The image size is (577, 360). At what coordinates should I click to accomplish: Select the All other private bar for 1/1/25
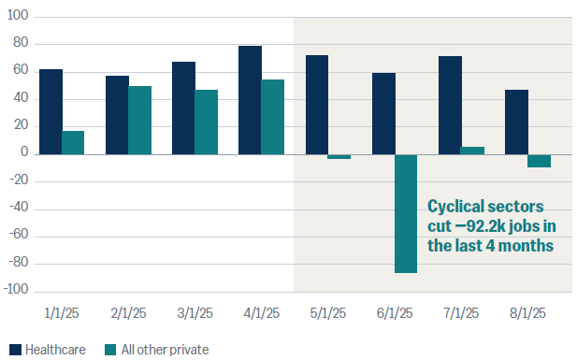point(73,142)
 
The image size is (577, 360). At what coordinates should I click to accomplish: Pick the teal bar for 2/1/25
point(139,120)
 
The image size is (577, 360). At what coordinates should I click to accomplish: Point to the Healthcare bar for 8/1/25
point(515,122)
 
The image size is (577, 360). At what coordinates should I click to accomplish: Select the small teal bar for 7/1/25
point(472,151)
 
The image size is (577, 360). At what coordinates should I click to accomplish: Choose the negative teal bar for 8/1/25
point(539,161)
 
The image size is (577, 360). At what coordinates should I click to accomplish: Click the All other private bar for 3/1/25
point(206,122)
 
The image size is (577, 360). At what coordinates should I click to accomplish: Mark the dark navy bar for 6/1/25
point(382,113)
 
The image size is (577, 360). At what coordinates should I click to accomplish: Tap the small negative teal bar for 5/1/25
point(339,156)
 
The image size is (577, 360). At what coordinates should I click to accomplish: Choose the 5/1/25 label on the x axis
point(327,314)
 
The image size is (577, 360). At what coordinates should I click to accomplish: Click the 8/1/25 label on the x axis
point(527,314)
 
